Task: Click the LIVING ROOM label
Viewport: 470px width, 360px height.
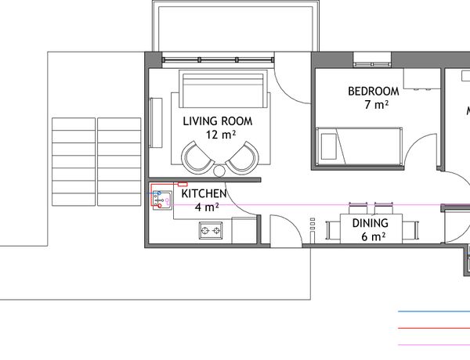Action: click(x=218, y=121)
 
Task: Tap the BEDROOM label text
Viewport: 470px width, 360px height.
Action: click(x=374, y=92)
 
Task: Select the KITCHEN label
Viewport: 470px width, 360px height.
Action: click(x=204, y=194)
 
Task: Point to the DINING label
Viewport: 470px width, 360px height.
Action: click(x=371, y=223)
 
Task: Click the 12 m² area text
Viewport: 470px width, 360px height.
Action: click(x=221, y=135)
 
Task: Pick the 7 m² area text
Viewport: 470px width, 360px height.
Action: click(x=377, y=105)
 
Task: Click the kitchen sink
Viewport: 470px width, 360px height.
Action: click(x=162, y=200)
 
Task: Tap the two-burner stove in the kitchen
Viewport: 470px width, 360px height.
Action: click(x=211, y=230)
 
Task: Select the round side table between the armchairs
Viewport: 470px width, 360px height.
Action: click(x=219, y=171)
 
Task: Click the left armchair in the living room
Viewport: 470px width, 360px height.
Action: click(x=197, y=157)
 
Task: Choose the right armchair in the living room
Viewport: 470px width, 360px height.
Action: click(x=242, y=157)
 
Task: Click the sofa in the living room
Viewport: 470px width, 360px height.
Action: click(x=223, y=88)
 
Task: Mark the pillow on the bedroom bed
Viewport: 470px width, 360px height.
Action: click(x=329, y=146)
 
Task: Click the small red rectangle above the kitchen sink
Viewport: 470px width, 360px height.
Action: click(x=183, y=184)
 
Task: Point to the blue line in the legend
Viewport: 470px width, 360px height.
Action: click(x=434, y=311)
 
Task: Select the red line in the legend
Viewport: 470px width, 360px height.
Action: click(x=434, y=328)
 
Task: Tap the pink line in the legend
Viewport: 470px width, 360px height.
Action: click(x=434, y=345)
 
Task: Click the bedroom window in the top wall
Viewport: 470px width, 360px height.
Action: click(x=372, y=64)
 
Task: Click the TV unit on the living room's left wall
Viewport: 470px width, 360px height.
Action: click(x=156, y=123)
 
